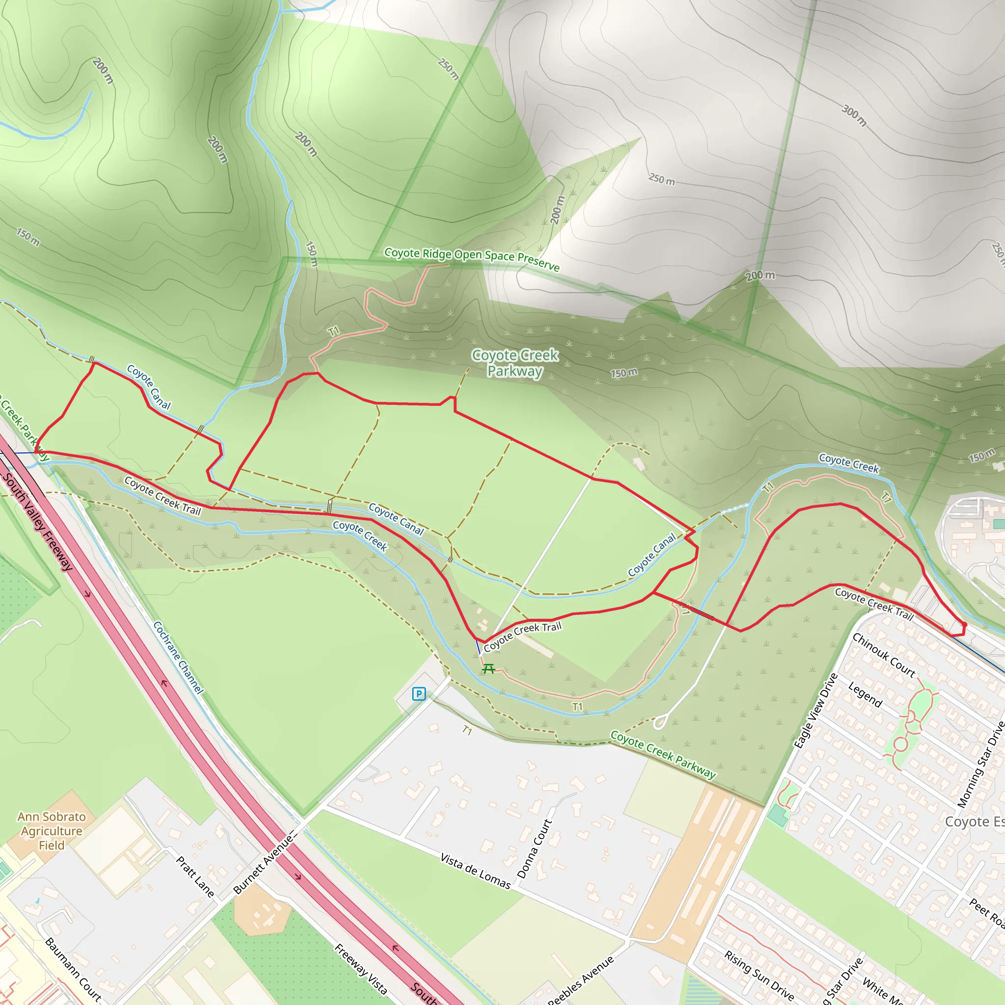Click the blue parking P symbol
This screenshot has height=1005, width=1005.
coord(419,693)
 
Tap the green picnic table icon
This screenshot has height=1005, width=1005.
coord(488,668)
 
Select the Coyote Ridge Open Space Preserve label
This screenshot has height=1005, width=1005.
coord(472,259)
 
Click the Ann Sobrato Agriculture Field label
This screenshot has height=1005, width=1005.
coord(52,831)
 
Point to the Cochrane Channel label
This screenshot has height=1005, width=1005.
coord(179,658)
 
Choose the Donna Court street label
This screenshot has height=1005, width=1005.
coord(534,848)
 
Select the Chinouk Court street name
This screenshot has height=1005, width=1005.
coord(883,655)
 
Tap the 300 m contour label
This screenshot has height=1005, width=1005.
coord(854,115)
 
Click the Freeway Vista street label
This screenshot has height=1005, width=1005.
coord(361,969)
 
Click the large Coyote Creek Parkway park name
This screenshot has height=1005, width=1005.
coord(515,363)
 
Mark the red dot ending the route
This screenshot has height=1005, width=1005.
coord(964,625)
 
